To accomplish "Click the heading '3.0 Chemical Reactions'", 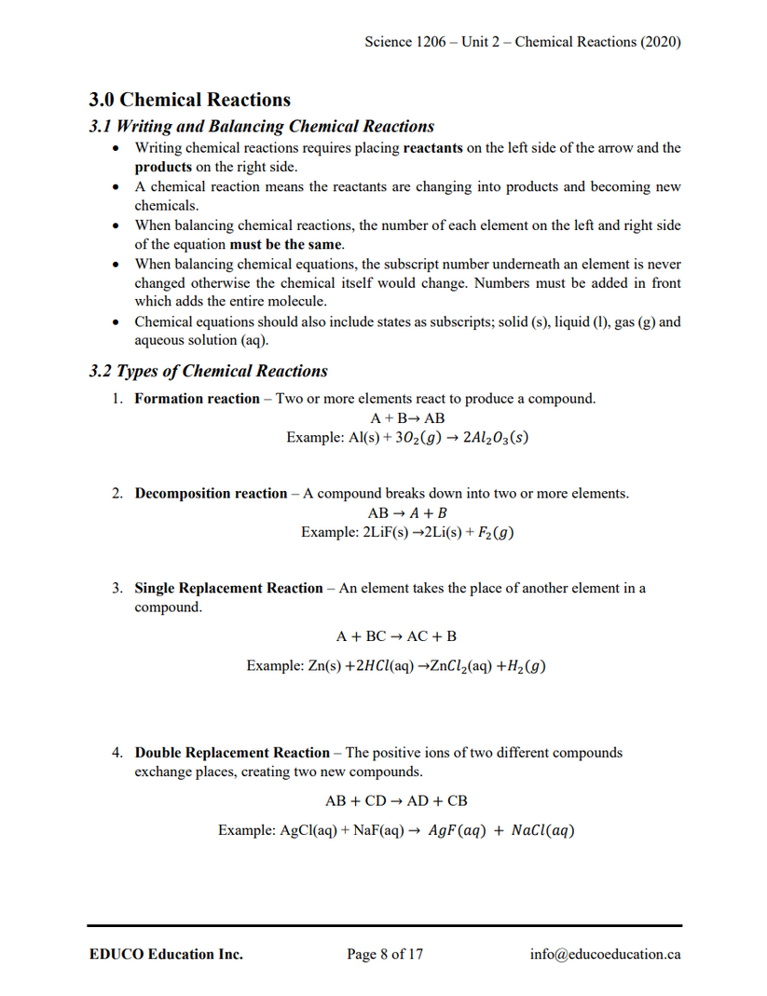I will pos(189,100).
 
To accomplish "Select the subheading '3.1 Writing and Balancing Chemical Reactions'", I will pos(261,126).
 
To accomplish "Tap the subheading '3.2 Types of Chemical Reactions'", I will pos(208,371).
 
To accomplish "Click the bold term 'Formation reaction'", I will pos(197,399).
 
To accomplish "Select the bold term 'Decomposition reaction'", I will pos(211,493).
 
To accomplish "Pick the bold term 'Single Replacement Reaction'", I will pos(228,588).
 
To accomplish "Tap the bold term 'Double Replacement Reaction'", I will pos(232,752).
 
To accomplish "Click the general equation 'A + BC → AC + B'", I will pos(396,636).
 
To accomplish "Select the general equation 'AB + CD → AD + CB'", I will pos(396,800).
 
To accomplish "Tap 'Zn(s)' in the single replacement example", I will pos(324,666).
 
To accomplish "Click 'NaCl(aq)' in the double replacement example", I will pos(541,830).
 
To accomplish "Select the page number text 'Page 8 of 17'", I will pos(385,954).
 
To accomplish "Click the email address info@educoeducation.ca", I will pos(604,954).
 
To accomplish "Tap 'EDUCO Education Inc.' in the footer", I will pos(166,954).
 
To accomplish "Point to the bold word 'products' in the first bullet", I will pos(163,167).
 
